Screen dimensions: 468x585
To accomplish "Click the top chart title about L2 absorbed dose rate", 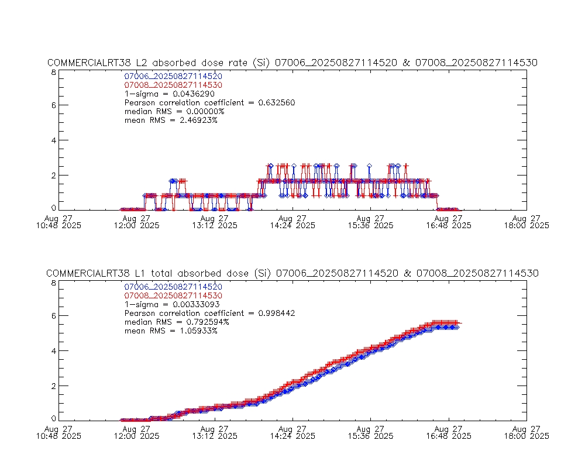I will (x=292, y=63).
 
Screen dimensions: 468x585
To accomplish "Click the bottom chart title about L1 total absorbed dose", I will (x=292, y=274).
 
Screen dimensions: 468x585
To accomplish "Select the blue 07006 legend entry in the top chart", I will (x=173, y=76).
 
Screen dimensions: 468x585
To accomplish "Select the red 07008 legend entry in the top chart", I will (x=173, y=85).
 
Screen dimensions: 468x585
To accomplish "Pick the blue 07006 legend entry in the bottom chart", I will (x=173, y=287).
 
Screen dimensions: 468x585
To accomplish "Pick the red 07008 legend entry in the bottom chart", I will (x=173, y=295).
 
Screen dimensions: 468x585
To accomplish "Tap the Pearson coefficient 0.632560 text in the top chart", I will (x=210, y=102).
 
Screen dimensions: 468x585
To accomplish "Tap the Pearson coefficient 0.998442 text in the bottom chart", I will (x=210, y=313).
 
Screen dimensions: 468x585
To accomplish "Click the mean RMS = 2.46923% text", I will (x=171, y=120).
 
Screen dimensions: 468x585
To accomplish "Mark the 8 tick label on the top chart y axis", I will (x=53, y=73).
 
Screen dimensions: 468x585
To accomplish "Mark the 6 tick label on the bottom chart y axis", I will (x=53, y=316).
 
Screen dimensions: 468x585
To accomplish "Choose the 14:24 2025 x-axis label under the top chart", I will (x=292, y=225).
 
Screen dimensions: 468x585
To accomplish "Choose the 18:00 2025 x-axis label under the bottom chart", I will (x=526, y=436).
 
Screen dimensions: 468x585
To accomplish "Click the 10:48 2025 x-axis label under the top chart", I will (x=58, y=225).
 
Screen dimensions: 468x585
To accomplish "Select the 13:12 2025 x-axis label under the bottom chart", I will (x=215, y=436).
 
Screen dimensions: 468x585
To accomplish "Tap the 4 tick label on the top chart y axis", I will (x=53, y=140).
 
